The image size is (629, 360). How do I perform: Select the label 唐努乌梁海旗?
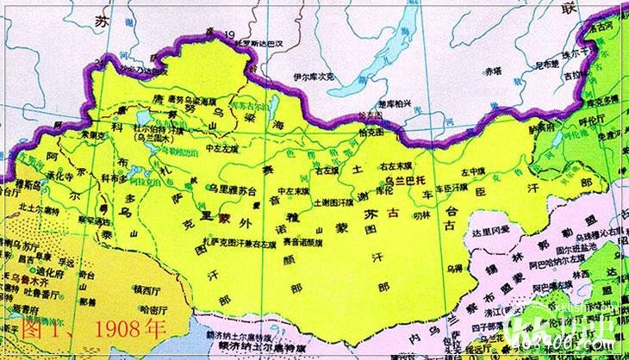pyautogui.click(x=172, y=100)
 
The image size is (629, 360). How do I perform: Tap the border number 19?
pyautogui.click(x=229, y=34)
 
